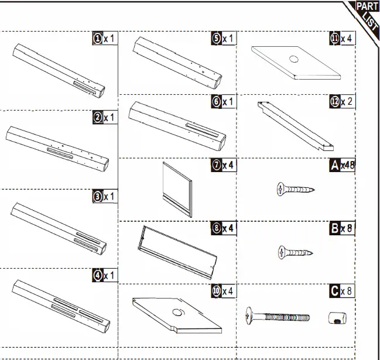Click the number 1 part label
pyautogui.click(x=105, y=39)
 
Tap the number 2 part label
pyautogui.click(x=105, y=118)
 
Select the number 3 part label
pyautogui.click(x=105, y=197)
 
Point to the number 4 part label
pyautogui.click(x=105, y=275)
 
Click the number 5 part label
pyautogui.click(x=223, y=39)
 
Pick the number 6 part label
pyautogui.click(x=223, y=102)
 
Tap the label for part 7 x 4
pyautogui.click(x=223, y=166)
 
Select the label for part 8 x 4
pyautogui.click(x=223, y=228)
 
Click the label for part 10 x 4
pyautogui.click(x=223, y=291)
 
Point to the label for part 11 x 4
pyautogui.click(x=342, y=39)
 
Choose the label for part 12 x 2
pyautogui.click(x=342, y=102)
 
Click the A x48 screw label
pyautogui.click(x=343, y=166)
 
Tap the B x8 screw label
pyautogui.click(x=343, y=228)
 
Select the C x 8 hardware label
pyautogui.click(x=343, y=291)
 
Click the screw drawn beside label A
pyautogui.click(x=295, y=189)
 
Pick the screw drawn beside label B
pyautogui.click(x=295, y=253)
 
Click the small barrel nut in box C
pyautogui.click(x=337, y=318)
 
